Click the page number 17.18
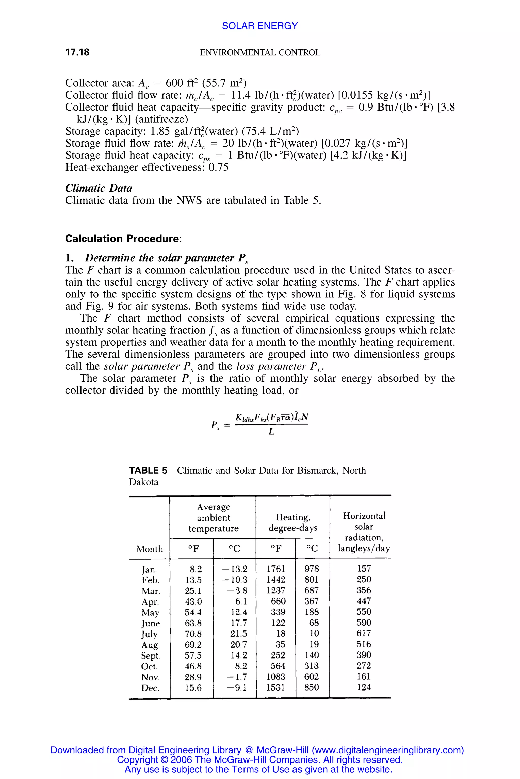point(77,52)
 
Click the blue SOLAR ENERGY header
point(260,26)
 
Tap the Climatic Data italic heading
point(99,188)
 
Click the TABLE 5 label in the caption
point(148,470)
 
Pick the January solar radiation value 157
point(364,569)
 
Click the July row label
point(149,634)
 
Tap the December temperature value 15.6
point(193,688)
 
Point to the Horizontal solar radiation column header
point(364,532)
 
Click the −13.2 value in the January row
point(235,569)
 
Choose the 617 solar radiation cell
point(364,634)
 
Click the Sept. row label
point(151,656)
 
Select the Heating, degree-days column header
point(293,522)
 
